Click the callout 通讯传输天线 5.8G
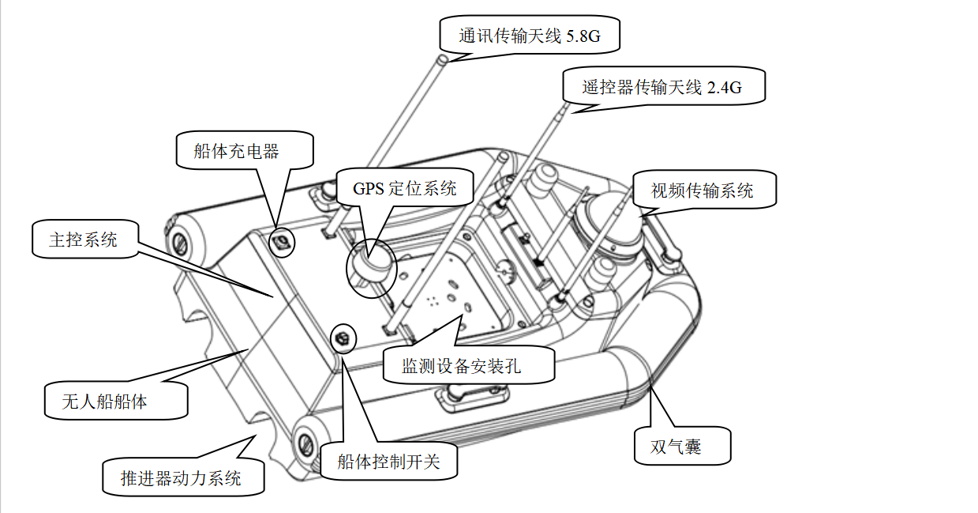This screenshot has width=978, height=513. pos(530,35)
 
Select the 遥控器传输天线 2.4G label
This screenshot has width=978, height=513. pos(664,86)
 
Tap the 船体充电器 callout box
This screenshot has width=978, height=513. pos(245,150)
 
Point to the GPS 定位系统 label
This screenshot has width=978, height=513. pos(405,188)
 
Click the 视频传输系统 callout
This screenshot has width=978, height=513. pos(704,190)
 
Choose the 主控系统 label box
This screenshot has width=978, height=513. pos(85,240)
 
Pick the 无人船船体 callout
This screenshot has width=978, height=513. pos(116,401)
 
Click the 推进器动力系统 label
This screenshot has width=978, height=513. pos(183,477)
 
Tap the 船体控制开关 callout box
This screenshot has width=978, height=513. pos(388,461)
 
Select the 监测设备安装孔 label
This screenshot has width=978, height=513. pos(469,365)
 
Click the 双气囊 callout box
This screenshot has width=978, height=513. pos(683,446)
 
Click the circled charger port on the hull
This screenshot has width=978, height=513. pos(282,243)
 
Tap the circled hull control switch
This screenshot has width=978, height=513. pos(343,338)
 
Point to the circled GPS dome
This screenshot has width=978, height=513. pos(372,268)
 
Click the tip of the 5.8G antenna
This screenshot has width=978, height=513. pos(443,58)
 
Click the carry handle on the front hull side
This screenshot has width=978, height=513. pos(472,397)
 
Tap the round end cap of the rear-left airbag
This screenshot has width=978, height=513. pos(180,243)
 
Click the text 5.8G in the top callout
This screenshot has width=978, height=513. pos(583,36)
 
